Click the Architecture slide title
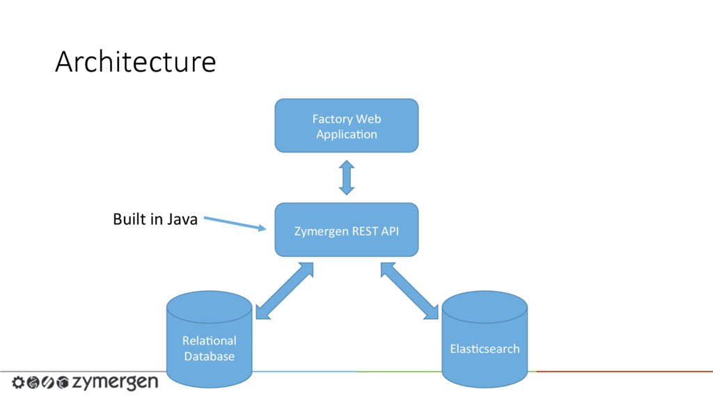(x=136, y=61)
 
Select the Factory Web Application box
(x=347, y=125)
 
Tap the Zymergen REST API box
(x=347, y=230)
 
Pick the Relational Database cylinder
(x=209, y=339)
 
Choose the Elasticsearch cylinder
(x=485, y=339)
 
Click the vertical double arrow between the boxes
(x=347, y=178)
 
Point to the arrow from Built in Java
(x=235, y=223)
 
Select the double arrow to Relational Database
(x=285, y=291)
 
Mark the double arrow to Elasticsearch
(x=409, y=291)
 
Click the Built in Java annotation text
(x=155, y=219)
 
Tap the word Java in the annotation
(x=182, y=219)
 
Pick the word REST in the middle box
(x=365, y=231)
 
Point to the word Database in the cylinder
(x=209, y=356)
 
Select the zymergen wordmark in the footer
(x=116, y=382)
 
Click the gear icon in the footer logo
(x=18, y=382)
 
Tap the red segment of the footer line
(x=625, y=372)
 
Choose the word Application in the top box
(x=347, y=134)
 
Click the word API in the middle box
(x=390, y=231)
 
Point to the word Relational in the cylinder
(x=209, y=340)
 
